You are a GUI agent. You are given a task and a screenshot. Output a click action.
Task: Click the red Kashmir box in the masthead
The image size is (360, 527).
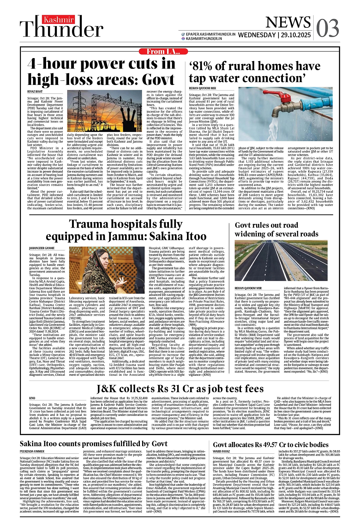click(59, 20)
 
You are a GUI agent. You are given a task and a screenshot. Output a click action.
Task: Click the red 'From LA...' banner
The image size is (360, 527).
click(163, 51)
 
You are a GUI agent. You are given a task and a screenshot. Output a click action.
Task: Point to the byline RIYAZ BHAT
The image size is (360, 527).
click(35, 92)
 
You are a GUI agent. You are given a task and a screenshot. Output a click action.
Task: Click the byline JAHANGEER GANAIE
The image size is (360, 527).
click(42, 248)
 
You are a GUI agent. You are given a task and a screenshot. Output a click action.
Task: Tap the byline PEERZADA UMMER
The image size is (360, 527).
click(32, 452)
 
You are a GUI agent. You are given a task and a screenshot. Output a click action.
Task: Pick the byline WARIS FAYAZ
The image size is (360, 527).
click(221, 452)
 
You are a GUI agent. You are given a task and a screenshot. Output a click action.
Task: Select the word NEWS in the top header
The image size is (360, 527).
click(288, 22)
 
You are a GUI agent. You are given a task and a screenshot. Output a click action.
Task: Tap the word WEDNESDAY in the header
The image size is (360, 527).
click(257, 35)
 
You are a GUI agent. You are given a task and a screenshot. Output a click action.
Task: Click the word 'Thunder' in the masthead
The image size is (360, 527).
click(62, 30)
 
